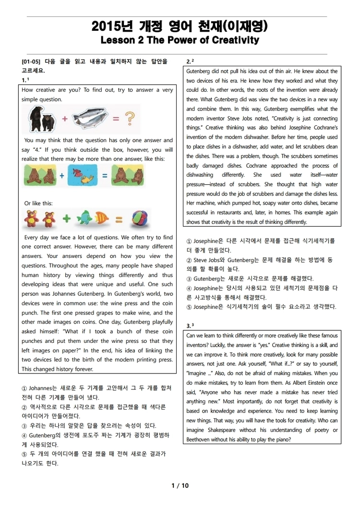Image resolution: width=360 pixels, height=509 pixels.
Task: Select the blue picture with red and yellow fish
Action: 82,176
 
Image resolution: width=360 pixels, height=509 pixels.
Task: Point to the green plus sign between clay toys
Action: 66,219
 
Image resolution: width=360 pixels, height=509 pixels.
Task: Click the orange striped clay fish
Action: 104,219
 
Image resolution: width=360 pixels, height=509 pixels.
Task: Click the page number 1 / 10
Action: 180,485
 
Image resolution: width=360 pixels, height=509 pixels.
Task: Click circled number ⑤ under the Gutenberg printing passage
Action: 24,454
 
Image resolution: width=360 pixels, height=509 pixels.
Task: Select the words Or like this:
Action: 38,203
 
